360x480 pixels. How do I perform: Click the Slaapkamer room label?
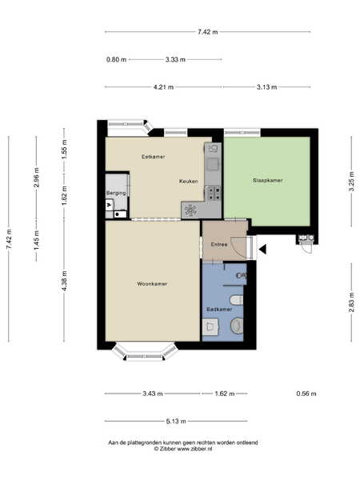(x=267, y=180)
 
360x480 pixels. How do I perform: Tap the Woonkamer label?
(x=152, y=284)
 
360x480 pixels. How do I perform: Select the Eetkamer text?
(x=154, y=157)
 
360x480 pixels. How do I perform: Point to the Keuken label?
(x=188, y=182)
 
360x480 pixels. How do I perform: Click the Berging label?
(x=116, y=193)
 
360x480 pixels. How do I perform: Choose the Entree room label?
(x=219, y=245)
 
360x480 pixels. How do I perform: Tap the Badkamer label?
(x=219, y=309)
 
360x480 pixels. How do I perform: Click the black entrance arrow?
(x=262, y=249)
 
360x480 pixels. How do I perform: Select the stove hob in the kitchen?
(x=214, y=193)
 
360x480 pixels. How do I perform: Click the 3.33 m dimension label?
(x=175, y=59)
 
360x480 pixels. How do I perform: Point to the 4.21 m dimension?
(x=163, y=87)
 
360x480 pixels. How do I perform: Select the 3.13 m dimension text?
(x=266, y=87)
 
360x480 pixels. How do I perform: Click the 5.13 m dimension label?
(x=176, y=422)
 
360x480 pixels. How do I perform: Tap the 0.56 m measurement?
(x=306, y=394)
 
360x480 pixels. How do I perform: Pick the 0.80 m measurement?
(x=116, y=59)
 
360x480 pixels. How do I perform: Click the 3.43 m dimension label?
(x=153, y=394)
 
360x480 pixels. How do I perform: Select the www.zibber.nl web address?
(x=194, y=449)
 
